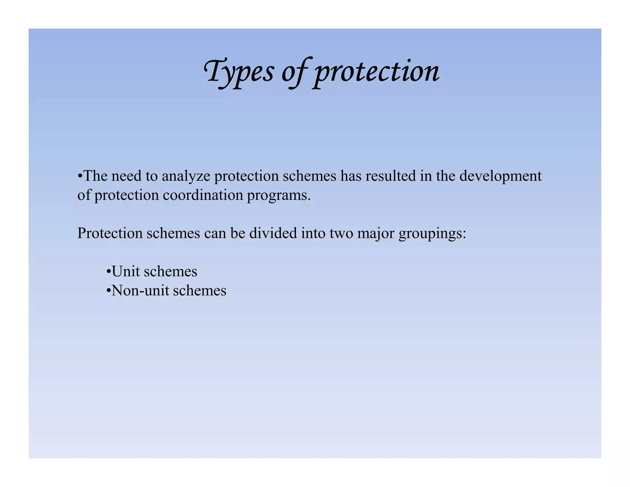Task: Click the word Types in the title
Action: coord(239,71)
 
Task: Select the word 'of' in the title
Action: coord(294,72)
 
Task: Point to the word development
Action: coord(500,177)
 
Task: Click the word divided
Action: coord(273,233)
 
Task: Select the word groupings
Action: coord(432,234)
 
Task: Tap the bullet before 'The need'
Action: coord(80,177)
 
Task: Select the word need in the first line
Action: coord(124,177)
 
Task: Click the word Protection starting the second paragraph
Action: coord(110,233)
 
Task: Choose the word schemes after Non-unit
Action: coord(200,291)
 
